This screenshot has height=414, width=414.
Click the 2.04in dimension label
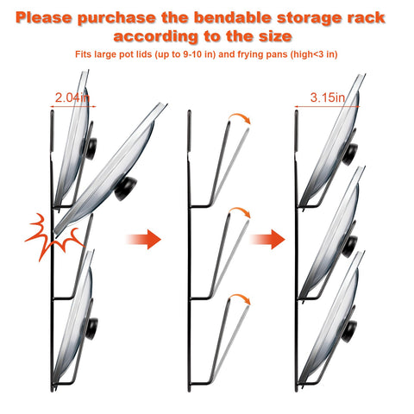(x=68, y=99)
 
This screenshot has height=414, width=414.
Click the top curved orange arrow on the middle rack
(x=240, y=121)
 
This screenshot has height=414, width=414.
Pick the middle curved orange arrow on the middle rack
(x=240, y=213)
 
